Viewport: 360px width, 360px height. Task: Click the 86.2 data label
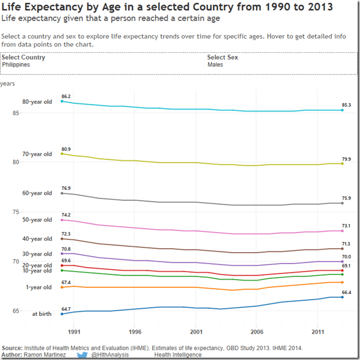click(66, 96)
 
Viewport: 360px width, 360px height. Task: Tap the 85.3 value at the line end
click(347, 105)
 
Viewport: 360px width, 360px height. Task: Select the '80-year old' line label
click(37, 102)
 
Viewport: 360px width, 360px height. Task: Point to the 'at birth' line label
click(41, 313)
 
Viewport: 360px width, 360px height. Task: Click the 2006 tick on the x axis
click(257, 332)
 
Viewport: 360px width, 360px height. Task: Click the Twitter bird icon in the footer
click(81, 355)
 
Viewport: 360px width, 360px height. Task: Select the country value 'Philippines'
click(16, 65)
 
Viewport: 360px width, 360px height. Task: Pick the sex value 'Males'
click(215, 65)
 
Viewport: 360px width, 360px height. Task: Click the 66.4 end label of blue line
click(346, 292)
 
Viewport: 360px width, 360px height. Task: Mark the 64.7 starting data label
click(66, 309)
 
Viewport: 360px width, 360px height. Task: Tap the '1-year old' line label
click(38, 287)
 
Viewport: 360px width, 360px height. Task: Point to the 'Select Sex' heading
click(222, 57)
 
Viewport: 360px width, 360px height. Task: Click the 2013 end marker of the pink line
click(342, 231)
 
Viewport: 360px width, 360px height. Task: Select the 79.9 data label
click(347, 159)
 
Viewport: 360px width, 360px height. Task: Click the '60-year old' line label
click(37, 193)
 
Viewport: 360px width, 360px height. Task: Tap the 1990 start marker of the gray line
click(61, 193)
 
